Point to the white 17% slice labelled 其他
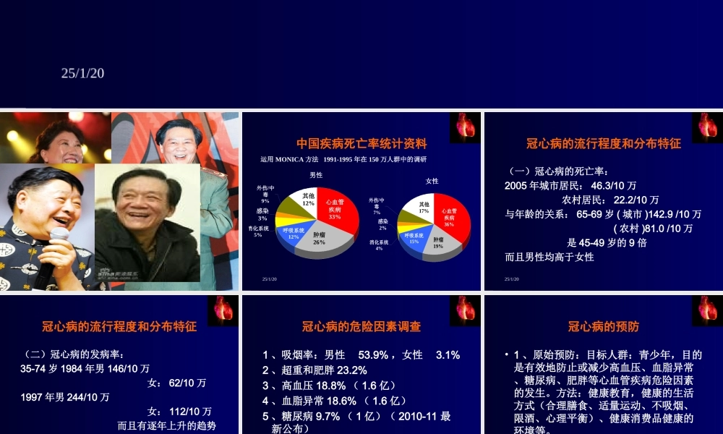pos(424,208)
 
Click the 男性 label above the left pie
pos(317,175)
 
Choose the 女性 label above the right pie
pos(432,181)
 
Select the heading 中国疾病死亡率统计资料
pos(362,144)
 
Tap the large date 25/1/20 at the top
pos(83,72)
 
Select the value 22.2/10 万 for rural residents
pos(636,200)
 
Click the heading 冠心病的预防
pos(604,327)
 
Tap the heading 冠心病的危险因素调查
pos(361,327)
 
